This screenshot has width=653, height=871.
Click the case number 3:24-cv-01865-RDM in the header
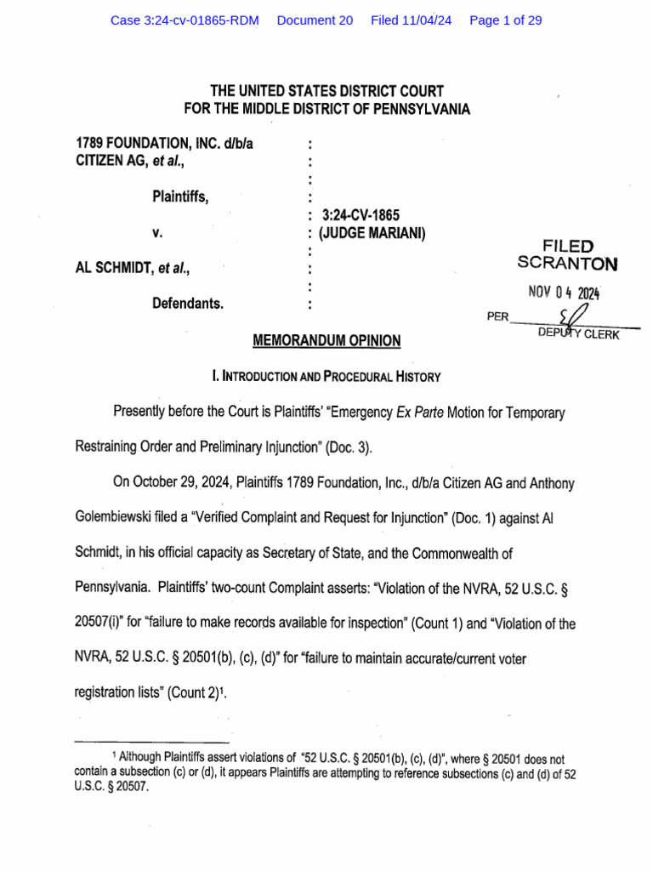185,20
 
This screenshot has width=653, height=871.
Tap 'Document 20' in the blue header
315,20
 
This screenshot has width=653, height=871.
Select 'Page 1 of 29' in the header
505,20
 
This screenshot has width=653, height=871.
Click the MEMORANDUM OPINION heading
326,341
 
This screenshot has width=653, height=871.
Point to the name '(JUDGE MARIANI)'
372,232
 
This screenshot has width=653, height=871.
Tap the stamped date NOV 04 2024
564,293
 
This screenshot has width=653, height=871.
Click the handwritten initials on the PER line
582,315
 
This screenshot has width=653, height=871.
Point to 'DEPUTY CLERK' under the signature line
579,333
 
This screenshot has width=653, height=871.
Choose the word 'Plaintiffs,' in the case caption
180,196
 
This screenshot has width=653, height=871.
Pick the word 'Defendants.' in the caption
188,303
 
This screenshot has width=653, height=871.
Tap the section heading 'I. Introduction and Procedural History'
326,376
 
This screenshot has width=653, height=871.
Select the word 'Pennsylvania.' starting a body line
116,589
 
